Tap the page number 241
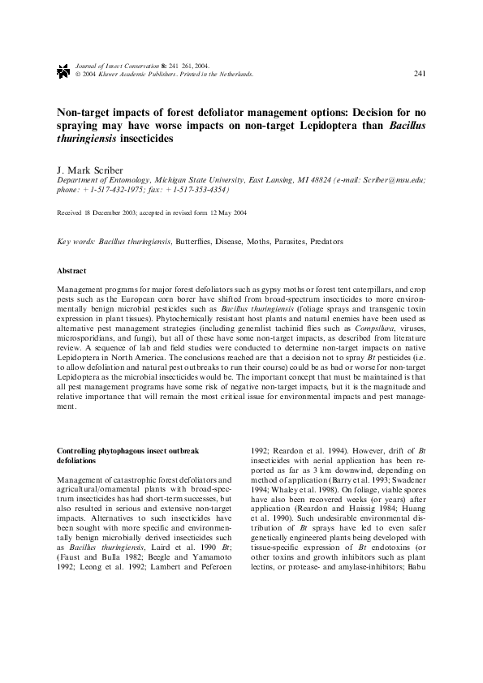point(420,74)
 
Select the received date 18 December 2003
point(110,213)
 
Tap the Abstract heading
point(71,270)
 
